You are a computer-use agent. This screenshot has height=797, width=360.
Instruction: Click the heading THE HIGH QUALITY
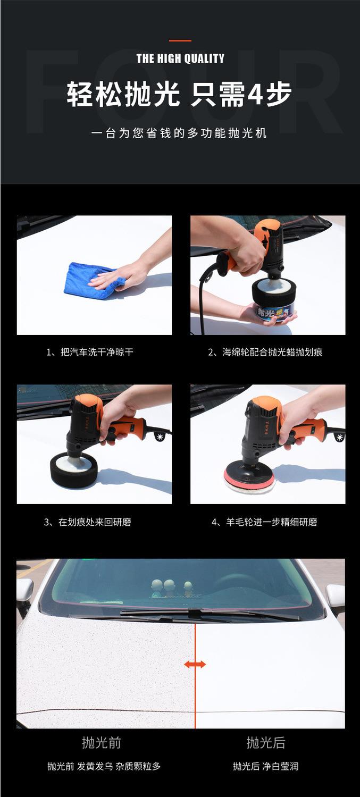(180, 58)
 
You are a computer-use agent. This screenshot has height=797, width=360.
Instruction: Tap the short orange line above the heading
(180, 40)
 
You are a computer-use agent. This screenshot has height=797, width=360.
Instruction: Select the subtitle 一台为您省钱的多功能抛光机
(179, 133)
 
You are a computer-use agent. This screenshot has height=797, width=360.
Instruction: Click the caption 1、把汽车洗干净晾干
(90, 353)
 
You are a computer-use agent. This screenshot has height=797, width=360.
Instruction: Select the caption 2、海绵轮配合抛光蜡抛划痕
(265, 353)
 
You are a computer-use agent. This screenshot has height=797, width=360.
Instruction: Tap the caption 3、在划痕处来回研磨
(88, 522)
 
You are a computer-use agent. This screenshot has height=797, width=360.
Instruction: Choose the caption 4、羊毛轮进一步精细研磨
(264, 522)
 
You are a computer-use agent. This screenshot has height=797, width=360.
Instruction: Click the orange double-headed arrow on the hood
(195, 664)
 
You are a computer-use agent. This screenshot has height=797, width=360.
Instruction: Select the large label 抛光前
(102, 743)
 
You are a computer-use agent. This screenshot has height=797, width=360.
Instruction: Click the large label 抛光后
(266, 743)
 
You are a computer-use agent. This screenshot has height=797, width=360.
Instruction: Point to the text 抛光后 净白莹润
(265, 766)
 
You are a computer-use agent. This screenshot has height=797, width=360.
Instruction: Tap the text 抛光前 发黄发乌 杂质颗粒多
(104, 766)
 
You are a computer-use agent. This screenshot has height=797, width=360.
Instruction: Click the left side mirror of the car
(24, 591)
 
